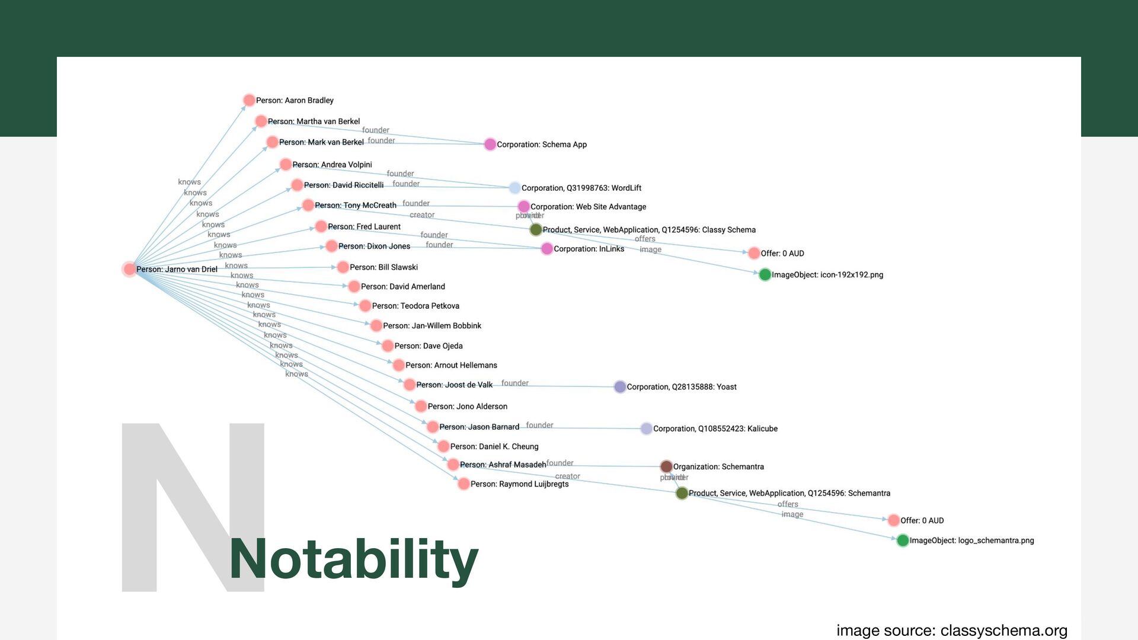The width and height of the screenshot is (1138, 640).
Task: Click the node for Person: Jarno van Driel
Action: pyautogui.click(x=129, y=269)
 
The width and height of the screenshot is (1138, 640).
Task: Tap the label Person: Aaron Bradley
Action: pyautogui.click(x=295, y=100)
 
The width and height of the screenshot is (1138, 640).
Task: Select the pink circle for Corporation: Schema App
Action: pyautogui.click(x=490, y=144)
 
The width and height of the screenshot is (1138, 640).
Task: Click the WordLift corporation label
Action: pyautogui.click(x=581, y=188)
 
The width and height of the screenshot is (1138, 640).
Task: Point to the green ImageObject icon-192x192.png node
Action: pyautogui.click(x=765, y=274)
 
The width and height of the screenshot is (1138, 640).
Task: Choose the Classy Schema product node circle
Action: pyautogui.click(x=536, y=229)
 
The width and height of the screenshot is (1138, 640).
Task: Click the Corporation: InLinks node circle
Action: pyautogui.click(x=546, y=249)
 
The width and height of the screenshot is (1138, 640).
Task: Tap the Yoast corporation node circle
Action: pyautogui.click(x=620, y=386)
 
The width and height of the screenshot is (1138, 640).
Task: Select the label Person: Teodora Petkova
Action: pyautogui.click(x=415, y=306)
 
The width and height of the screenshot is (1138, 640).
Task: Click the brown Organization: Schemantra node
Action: pyautogui.click(x=666, y=466)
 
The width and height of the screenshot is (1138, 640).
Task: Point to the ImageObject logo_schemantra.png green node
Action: pyautogui.click(x=903, y=540)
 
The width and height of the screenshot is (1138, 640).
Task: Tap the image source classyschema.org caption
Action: pyautogui.click(x=951, y=630)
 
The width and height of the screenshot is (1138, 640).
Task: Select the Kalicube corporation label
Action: pyautogui.click(x=715, y=428)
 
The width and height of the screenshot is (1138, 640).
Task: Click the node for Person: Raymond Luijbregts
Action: pyautogui.click(x=463, y=484)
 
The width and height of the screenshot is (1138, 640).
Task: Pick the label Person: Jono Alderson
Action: pyautogui.click(x=467, y=407)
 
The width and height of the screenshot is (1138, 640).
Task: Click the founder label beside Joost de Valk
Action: pyautogui.click(x=514, y=383)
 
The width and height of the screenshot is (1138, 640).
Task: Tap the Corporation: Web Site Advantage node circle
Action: pyautogui.click(x=523, y=206)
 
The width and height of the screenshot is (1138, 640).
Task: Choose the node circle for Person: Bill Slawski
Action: pyautogui.click(x=343, y=267)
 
